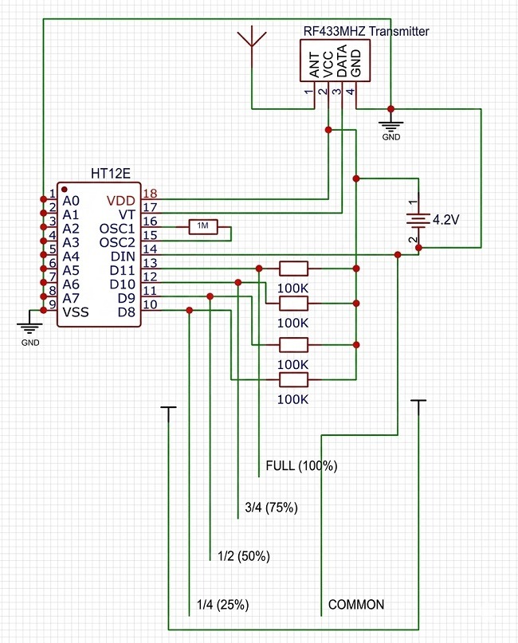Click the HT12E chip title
110,174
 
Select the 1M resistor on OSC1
203,227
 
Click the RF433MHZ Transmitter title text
366,32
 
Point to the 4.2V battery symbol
418,220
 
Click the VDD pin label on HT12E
120,201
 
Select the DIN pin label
123,257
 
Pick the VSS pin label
76,312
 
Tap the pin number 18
150,193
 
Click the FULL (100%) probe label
301,466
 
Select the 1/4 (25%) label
222,605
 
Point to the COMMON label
356,605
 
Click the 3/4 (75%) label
271,508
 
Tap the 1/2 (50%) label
244,556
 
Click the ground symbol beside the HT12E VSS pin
29,327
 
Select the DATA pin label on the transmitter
342,61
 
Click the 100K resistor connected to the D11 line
293,269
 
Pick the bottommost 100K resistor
293,380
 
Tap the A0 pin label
71,201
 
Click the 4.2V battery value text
445,220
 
